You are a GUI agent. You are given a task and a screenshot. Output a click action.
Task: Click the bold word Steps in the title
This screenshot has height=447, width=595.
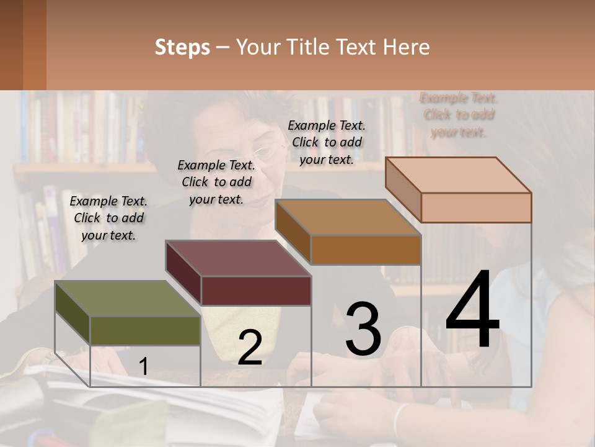tap(182, 47)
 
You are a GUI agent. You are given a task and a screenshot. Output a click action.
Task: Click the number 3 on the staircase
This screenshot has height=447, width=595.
tap(363, 329)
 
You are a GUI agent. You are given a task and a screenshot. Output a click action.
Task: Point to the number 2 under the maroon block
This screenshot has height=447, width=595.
tap(250, 348)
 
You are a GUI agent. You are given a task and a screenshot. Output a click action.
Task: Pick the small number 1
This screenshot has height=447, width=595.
tap(143, 366)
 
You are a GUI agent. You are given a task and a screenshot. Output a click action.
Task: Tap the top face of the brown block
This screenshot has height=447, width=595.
tap(348, 218)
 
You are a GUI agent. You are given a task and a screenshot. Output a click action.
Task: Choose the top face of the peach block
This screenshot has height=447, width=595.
tap(458, 175)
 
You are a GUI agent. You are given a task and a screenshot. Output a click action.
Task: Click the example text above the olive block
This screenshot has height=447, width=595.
tap(108, 218)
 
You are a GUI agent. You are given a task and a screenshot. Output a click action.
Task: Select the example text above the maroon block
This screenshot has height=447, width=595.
tap(216, 182)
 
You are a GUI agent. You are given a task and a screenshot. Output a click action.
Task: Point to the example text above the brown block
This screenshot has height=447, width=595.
tap(327, 142)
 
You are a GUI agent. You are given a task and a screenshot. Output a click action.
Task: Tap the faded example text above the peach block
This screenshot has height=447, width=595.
tap(459, 115)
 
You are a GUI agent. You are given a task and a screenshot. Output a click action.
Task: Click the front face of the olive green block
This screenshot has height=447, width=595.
tap(145, 330)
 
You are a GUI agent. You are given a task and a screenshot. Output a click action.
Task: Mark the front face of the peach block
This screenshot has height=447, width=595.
tap(476, 207)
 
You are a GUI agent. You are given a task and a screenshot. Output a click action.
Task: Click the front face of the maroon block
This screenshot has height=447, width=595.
tap(255, 291)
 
